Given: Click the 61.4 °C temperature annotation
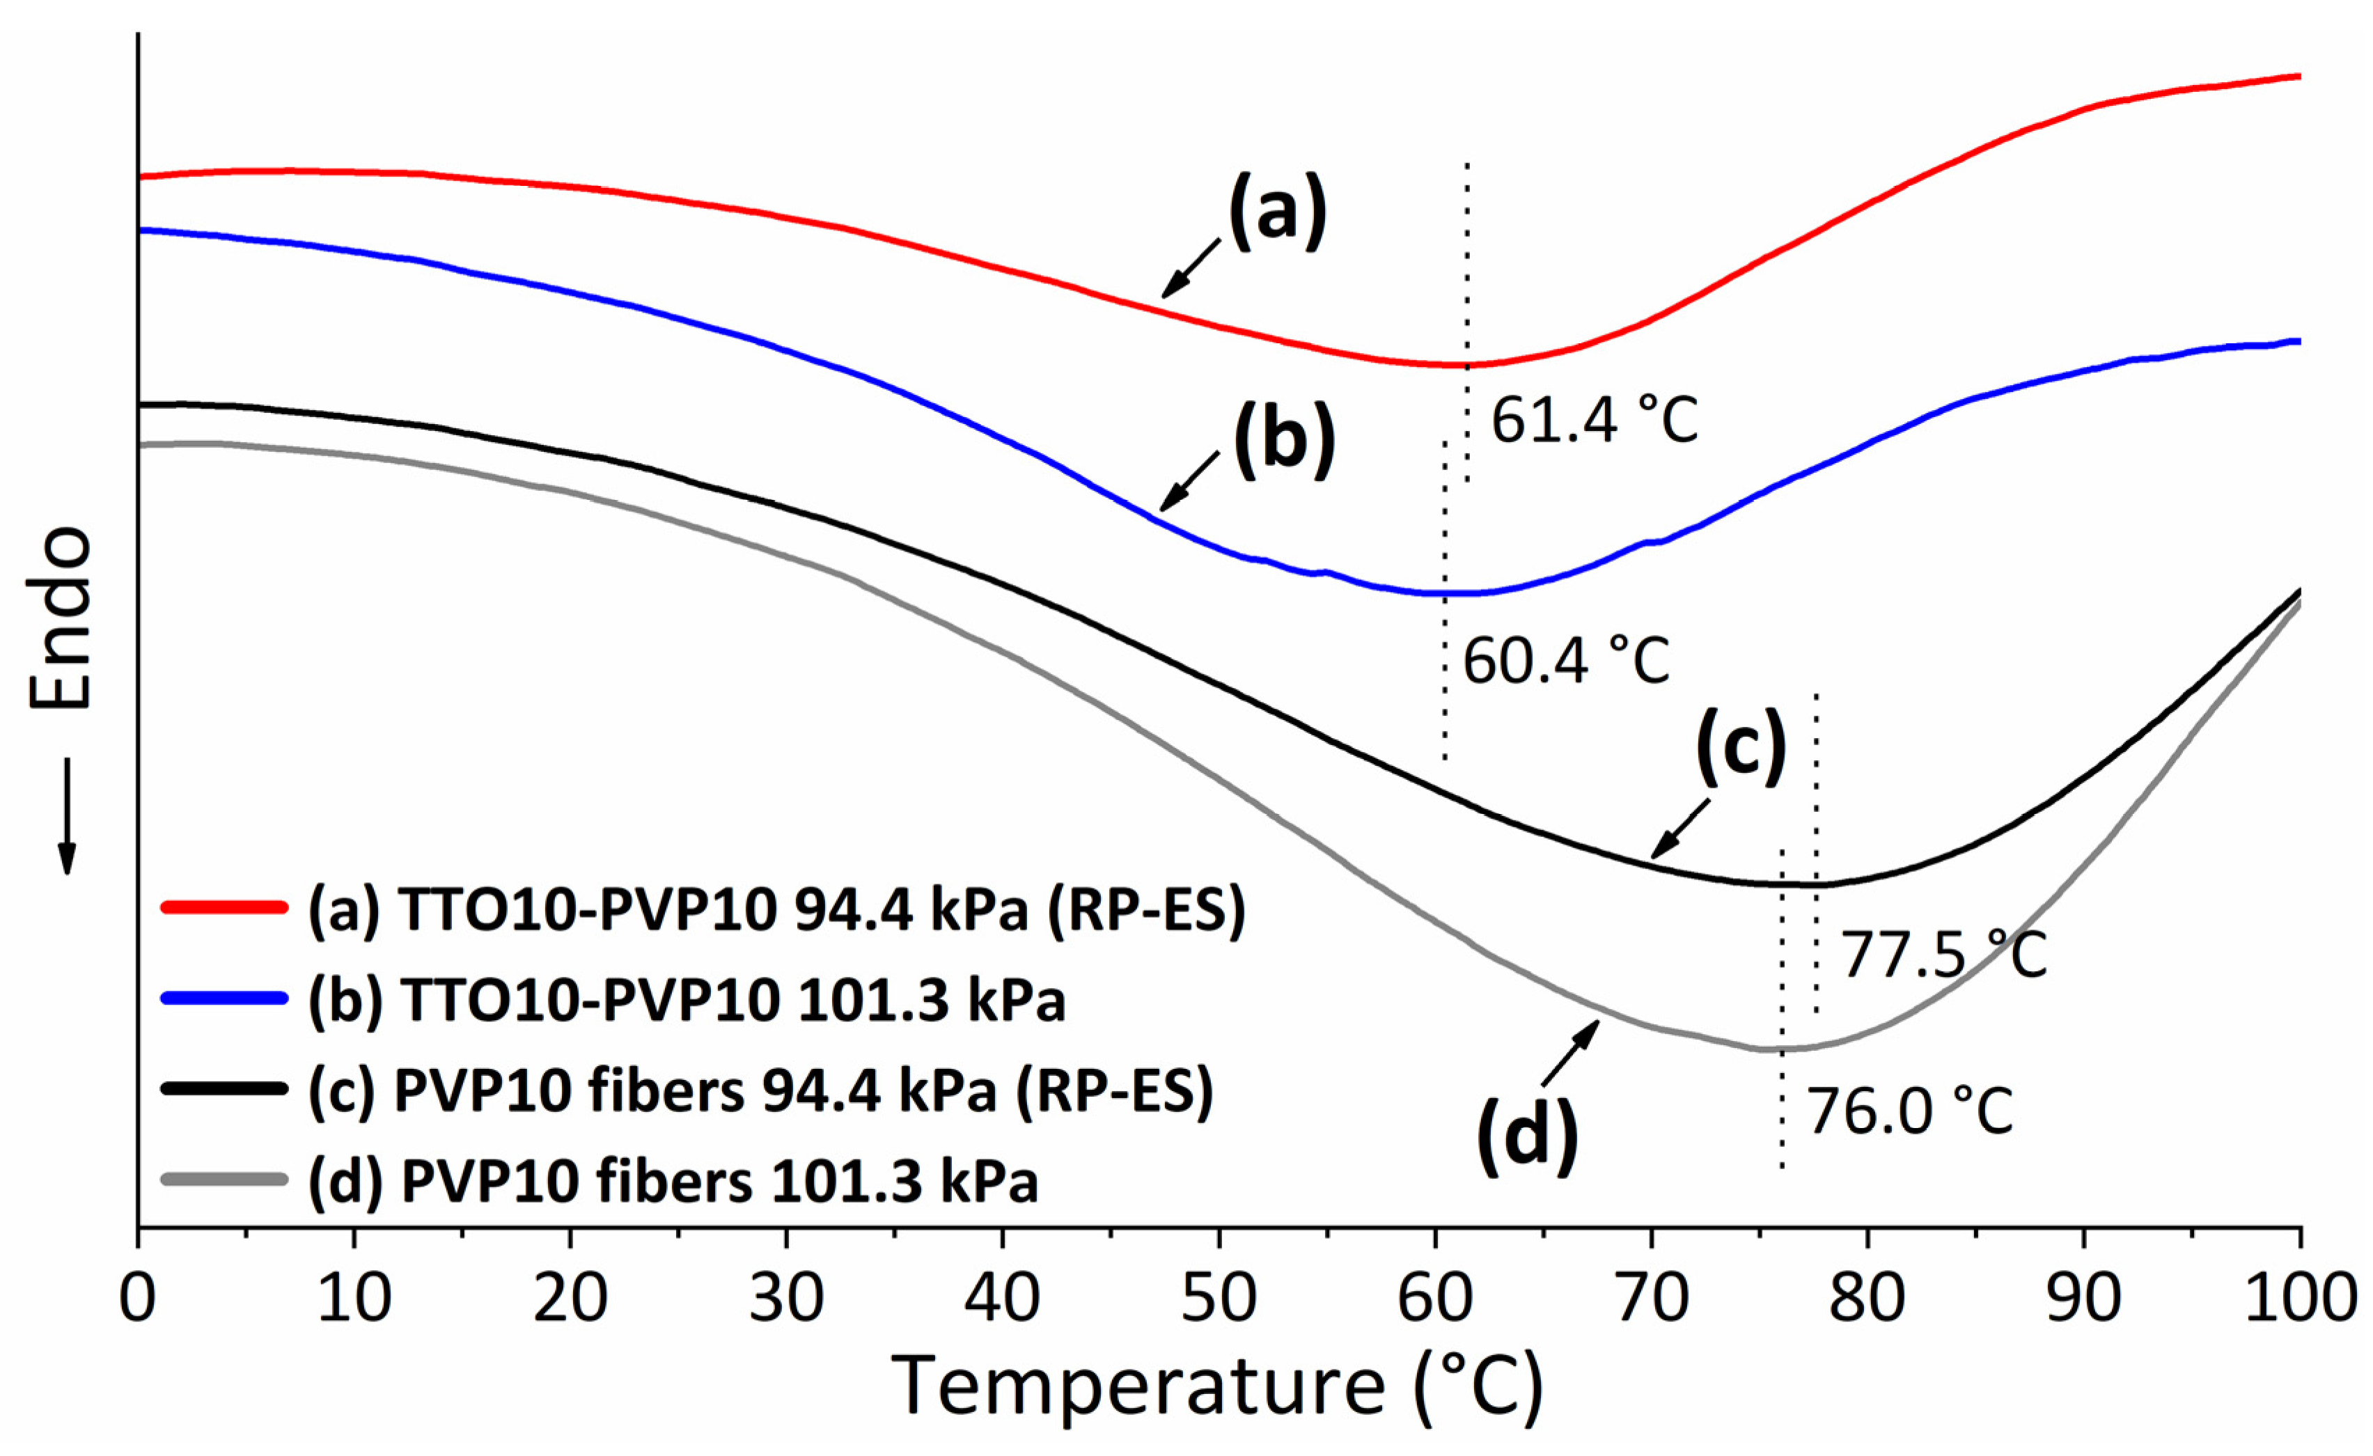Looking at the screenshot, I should (x=1594, y=421).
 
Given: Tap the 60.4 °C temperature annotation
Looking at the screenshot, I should (x=1566, y=662).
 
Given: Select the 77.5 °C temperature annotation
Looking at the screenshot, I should (x=1943, y=955).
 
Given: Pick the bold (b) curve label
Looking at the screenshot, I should (x=1285, y=440).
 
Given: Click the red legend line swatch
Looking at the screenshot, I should (x=224, y=907).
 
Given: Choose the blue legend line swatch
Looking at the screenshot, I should (x=224, y=999).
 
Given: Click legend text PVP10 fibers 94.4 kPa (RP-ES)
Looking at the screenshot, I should (x=761, y=1091).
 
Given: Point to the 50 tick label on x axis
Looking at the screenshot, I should (x=1219, y=1298).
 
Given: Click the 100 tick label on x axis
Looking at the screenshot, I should (x=2300, y=1298).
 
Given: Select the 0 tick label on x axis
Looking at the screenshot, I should (x=138, y=1298).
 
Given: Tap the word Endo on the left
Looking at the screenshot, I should (x=60, y=618).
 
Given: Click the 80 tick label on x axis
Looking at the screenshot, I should (x=1867, y=1298).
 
